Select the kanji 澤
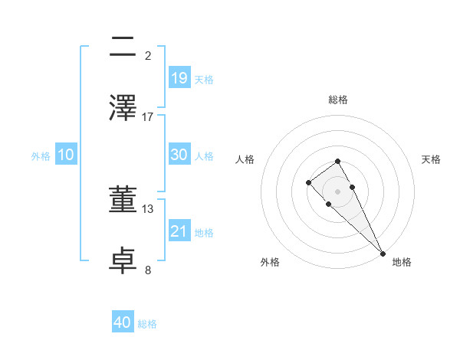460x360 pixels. [x=124, y=107]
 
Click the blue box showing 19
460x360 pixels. [x=179, y=77]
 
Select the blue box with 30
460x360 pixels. [x=179, y=154]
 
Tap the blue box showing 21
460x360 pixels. [x=179, y=231]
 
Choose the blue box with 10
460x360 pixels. [x=66, y=155]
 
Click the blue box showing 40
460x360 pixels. [x=123, y=322]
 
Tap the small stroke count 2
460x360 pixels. [x=148, y=55]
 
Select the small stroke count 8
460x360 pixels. [x=148, y=270]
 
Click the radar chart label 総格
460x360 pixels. [x=338, y=100]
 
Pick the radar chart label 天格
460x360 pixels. [x=431, y=159]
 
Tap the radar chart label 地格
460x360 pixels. [x=402, y=262]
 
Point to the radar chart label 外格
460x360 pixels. [x=270, y=262]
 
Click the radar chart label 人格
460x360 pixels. [x=245, y=159]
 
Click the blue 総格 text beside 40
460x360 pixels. [x=147, y=324]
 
